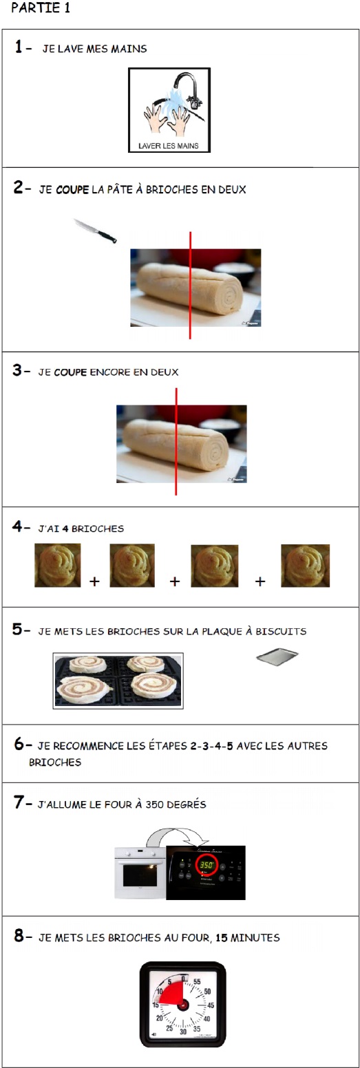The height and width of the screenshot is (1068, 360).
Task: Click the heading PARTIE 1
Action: click(41, 8)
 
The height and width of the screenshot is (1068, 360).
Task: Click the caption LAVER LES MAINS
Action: click(169, 146)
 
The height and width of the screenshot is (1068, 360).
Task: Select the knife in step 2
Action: click(96, 231)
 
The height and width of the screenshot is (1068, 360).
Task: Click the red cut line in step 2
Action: click(190, 286)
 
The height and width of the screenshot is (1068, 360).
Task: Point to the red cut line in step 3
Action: click(176, 442)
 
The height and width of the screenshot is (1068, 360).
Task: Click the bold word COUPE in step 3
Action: click(70, 372)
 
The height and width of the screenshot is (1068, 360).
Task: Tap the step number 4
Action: click(17, 526)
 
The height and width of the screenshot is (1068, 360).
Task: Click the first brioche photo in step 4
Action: click(58, 565)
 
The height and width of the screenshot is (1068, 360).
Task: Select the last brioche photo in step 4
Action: click(305, 565)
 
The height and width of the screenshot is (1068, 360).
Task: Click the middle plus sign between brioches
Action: click(175, 581)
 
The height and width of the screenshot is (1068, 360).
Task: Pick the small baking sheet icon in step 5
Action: click(277, 656)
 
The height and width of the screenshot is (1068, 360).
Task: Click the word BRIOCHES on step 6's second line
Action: click(55, 762)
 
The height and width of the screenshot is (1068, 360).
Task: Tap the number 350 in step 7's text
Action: click(154, 804)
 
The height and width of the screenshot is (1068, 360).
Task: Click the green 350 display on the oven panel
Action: click(207, 864)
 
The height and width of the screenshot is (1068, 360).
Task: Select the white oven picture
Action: click(140, 873)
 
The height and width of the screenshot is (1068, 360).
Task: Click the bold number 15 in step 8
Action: click(221, 937)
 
